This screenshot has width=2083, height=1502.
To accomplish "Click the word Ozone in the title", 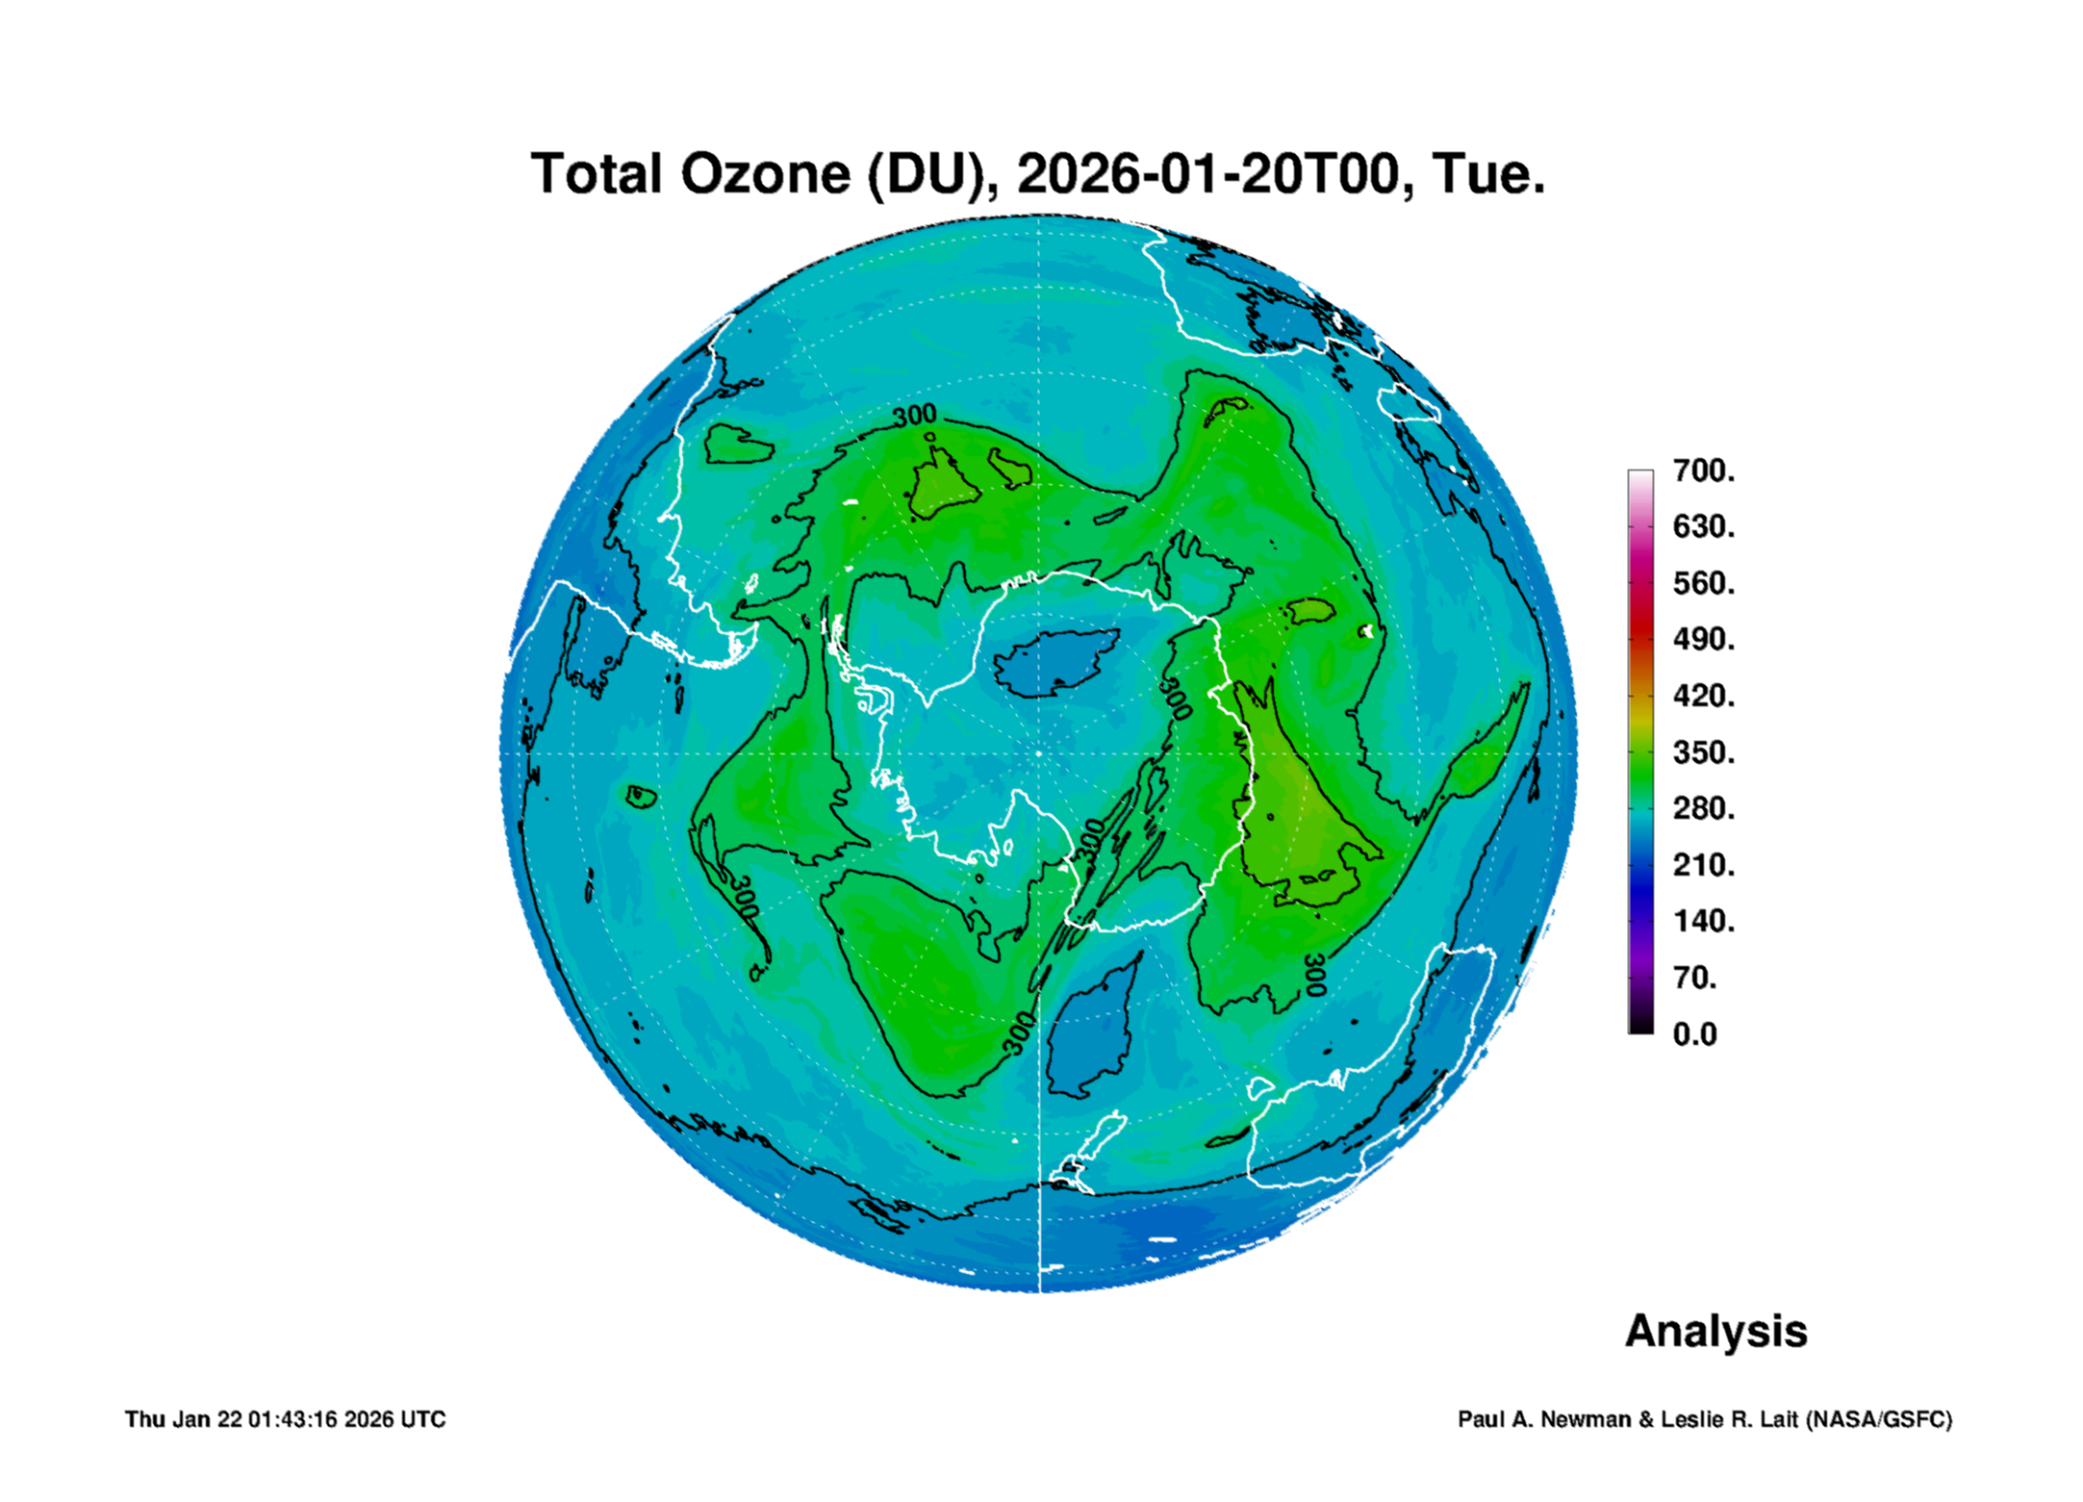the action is coord(766,174).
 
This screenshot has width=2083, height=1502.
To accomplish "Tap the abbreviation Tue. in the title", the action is coord(1488,174).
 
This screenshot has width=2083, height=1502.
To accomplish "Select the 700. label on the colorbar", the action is coord(1704,471).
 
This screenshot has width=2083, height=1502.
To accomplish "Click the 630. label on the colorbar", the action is coord(1704,526).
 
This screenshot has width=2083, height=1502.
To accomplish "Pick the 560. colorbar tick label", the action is coord(1704,583).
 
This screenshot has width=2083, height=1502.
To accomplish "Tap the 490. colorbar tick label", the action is coord(1704,639).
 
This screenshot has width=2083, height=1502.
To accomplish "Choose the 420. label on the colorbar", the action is coord(1704,696).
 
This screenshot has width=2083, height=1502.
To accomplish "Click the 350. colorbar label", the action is coord(1704,752).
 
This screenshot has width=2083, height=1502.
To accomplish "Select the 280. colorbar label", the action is coord(1704,808).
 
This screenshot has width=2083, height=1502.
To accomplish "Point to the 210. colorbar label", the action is coord(1704,865).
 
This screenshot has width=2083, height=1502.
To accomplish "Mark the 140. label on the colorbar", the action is coord(1704,921).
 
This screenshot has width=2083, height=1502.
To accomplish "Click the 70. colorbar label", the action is coord(1695,978).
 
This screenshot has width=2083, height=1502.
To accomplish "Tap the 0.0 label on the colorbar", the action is coord(1695,1034).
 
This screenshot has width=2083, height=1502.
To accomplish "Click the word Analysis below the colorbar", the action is coord(1716,1332).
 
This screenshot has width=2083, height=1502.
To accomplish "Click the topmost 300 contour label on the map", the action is coord(914,415).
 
